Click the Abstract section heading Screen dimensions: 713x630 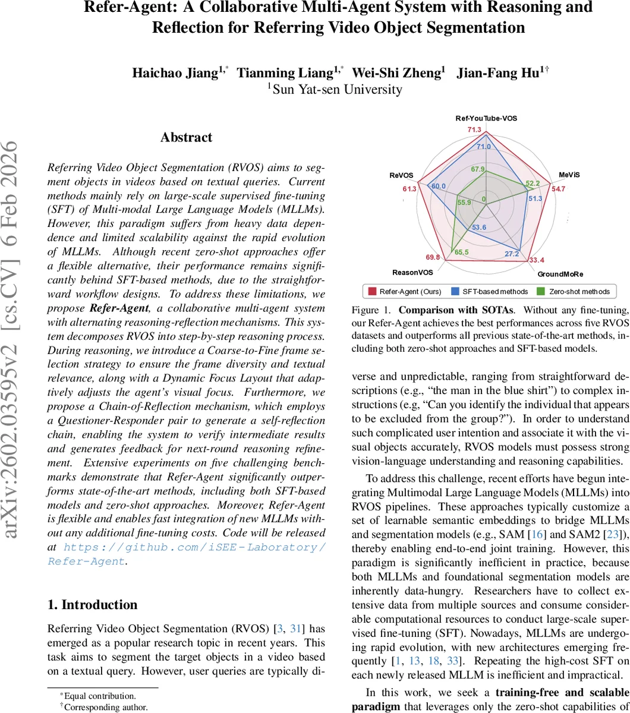186,137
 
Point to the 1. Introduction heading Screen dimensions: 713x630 92,605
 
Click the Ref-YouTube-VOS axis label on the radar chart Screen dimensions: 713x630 486,118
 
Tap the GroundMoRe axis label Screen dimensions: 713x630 560,275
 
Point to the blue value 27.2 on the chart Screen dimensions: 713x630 511,254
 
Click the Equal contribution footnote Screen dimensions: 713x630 99,696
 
